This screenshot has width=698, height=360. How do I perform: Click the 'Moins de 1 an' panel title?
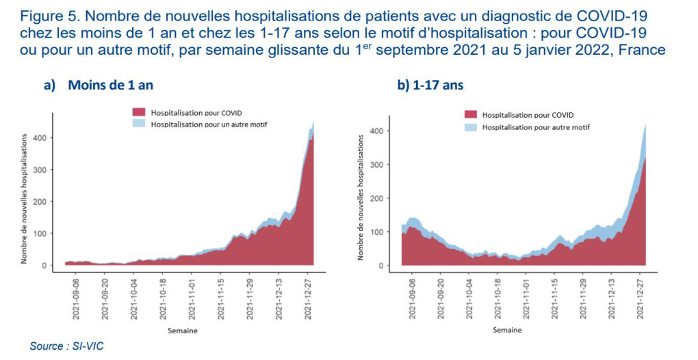107,86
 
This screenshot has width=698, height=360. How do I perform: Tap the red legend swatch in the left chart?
139,112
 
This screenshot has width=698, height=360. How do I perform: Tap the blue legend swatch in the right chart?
471,127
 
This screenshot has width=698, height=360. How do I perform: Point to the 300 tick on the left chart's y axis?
47,170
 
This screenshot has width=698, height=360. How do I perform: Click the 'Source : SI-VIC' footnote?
66,346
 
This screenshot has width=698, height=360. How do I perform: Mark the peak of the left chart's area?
313,122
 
